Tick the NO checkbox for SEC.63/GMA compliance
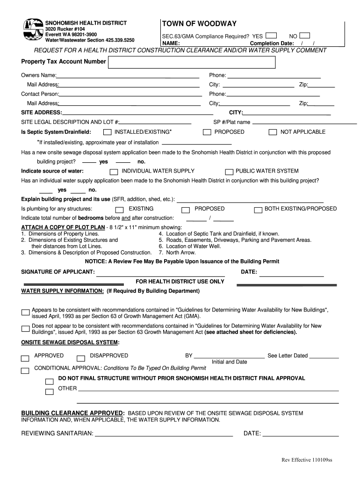click(x=304, y=36)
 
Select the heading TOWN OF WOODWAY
click(x=199, y=24)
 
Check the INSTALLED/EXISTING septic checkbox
click(x=108, y=132)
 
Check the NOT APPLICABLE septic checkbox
click(x=273, y=132)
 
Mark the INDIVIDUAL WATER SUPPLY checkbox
click(x=114, y=172)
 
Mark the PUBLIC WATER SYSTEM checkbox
click(x=229, y=172)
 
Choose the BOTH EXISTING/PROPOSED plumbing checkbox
click(x=258, y=210)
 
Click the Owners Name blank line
click(x=128, y=77)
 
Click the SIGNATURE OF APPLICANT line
click(x=160, y=274)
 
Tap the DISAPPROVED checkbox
click(x=81, y=359)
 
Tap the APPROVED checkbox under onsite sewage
click(x=25, y=359)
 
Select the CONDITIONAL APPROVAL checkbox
click(x=25, y=371)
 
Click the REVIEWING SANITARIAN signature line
click(x=164, y=435)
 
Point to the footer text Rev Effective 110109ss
click(x=306, y=460)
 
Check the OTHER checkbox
click(x=49, y=392)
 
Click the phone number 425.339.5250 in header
click(x=120, y=40)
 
